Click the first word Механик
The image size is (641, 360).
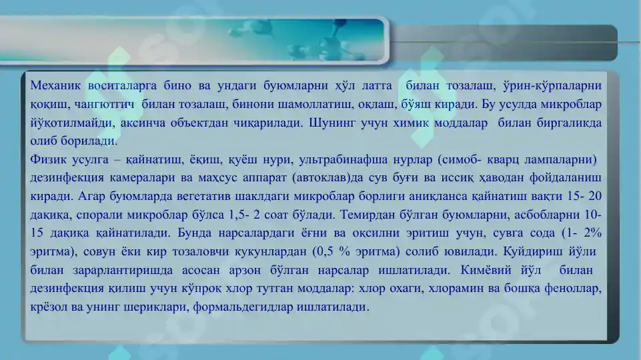56,85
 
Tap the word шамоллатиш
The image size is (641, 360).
289,105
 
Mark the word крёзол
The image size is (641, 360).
47,308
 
